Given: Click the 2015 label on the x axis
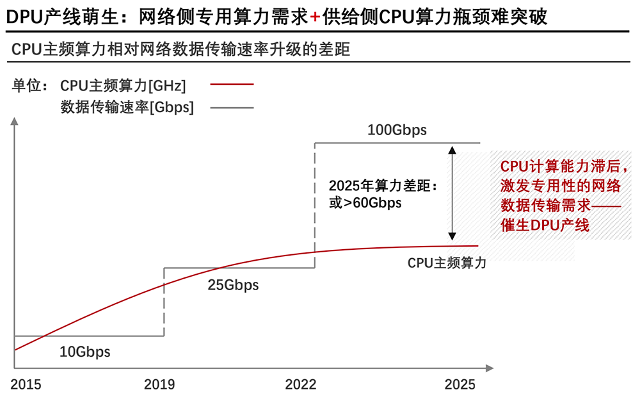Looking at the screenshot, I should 26,384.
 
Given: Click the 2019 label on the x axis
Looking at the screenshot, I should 160,384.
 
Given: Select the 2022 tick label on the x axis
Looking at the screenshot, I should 301,384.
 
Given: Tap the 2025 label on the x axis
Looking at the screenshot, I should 460,384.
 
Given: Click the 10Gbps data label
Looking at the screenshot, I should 84,352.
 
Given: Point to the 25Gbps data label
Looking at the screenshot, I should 233,285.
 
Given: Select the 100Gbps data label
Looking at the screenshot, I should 397,131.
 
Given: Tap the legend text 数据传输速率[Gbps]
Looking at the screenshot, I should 127,108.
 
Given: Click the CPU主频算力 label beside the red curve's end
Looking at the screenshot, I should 447,263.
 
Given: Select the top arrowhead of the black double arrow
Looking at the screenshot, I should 452,151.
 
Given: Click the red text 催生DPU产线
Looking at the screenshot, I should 545,225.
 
